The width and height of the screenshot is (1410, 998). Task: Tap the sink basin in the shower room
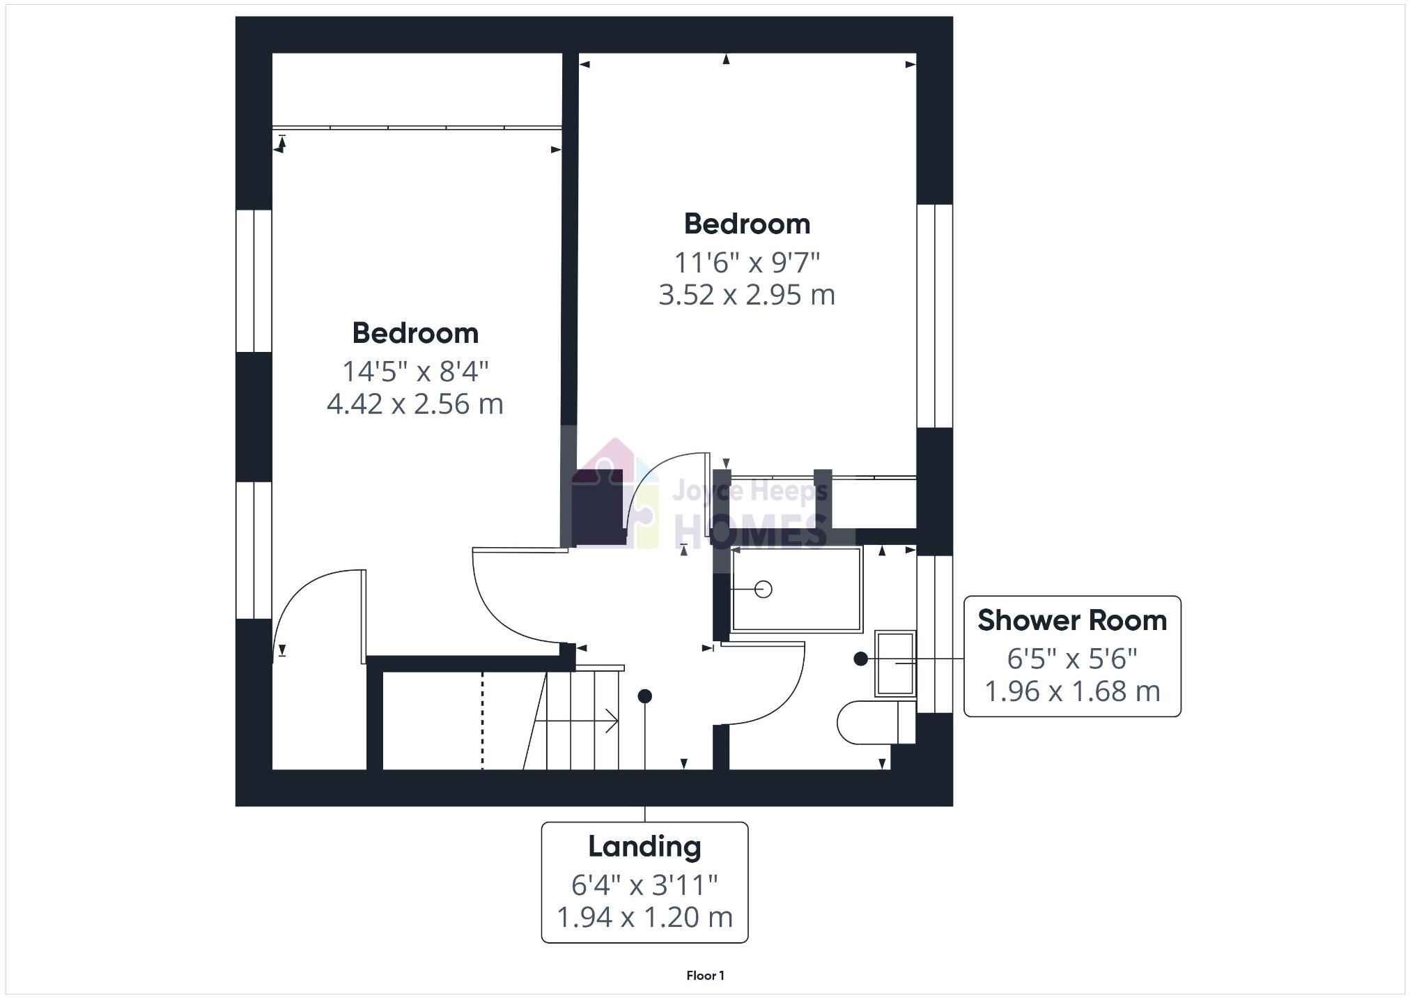coord(895,663)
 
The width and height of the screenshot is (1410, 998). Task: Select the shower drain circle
coord(764,590)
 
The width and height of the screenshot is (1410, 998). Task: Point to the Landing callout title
coord(644,847)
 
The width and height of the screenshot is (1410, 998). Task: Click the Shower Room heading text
coord(1072,620)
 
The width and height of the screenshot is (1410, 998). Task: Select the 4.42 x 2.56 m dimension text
coord(415,404)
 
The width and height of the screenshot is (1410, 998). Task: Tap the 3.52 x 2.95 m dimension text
coord(747,295)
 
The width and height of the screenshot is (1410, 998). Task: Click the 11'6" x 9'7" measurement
coord(747,263)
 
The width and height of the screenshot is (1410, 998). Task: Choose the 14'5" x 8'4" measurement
coord(415,371)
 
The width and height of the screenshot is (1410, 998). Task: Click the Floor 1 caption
coord(705,976)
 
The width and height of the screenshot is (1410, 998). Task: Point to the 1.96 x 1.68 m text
coord(1072,691)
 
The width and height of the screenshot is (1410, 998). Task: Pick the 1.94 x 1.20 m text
coord(644,917)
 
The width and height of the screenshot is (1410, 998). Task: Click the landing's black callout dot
coord(644,696)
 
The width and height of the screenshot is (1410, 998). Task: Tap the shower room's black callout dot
coord(861,659)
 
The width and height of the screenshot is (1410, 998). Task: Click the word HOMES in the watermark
coord(751,531)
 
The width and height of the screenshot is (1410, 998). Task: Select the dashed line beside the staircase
coord(482,721)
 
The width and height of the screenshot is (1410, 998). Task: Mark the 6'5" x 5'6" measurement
coord(1072,658)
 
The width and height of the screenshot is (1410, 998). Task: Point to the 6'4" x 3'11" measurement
coord(644,885)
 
